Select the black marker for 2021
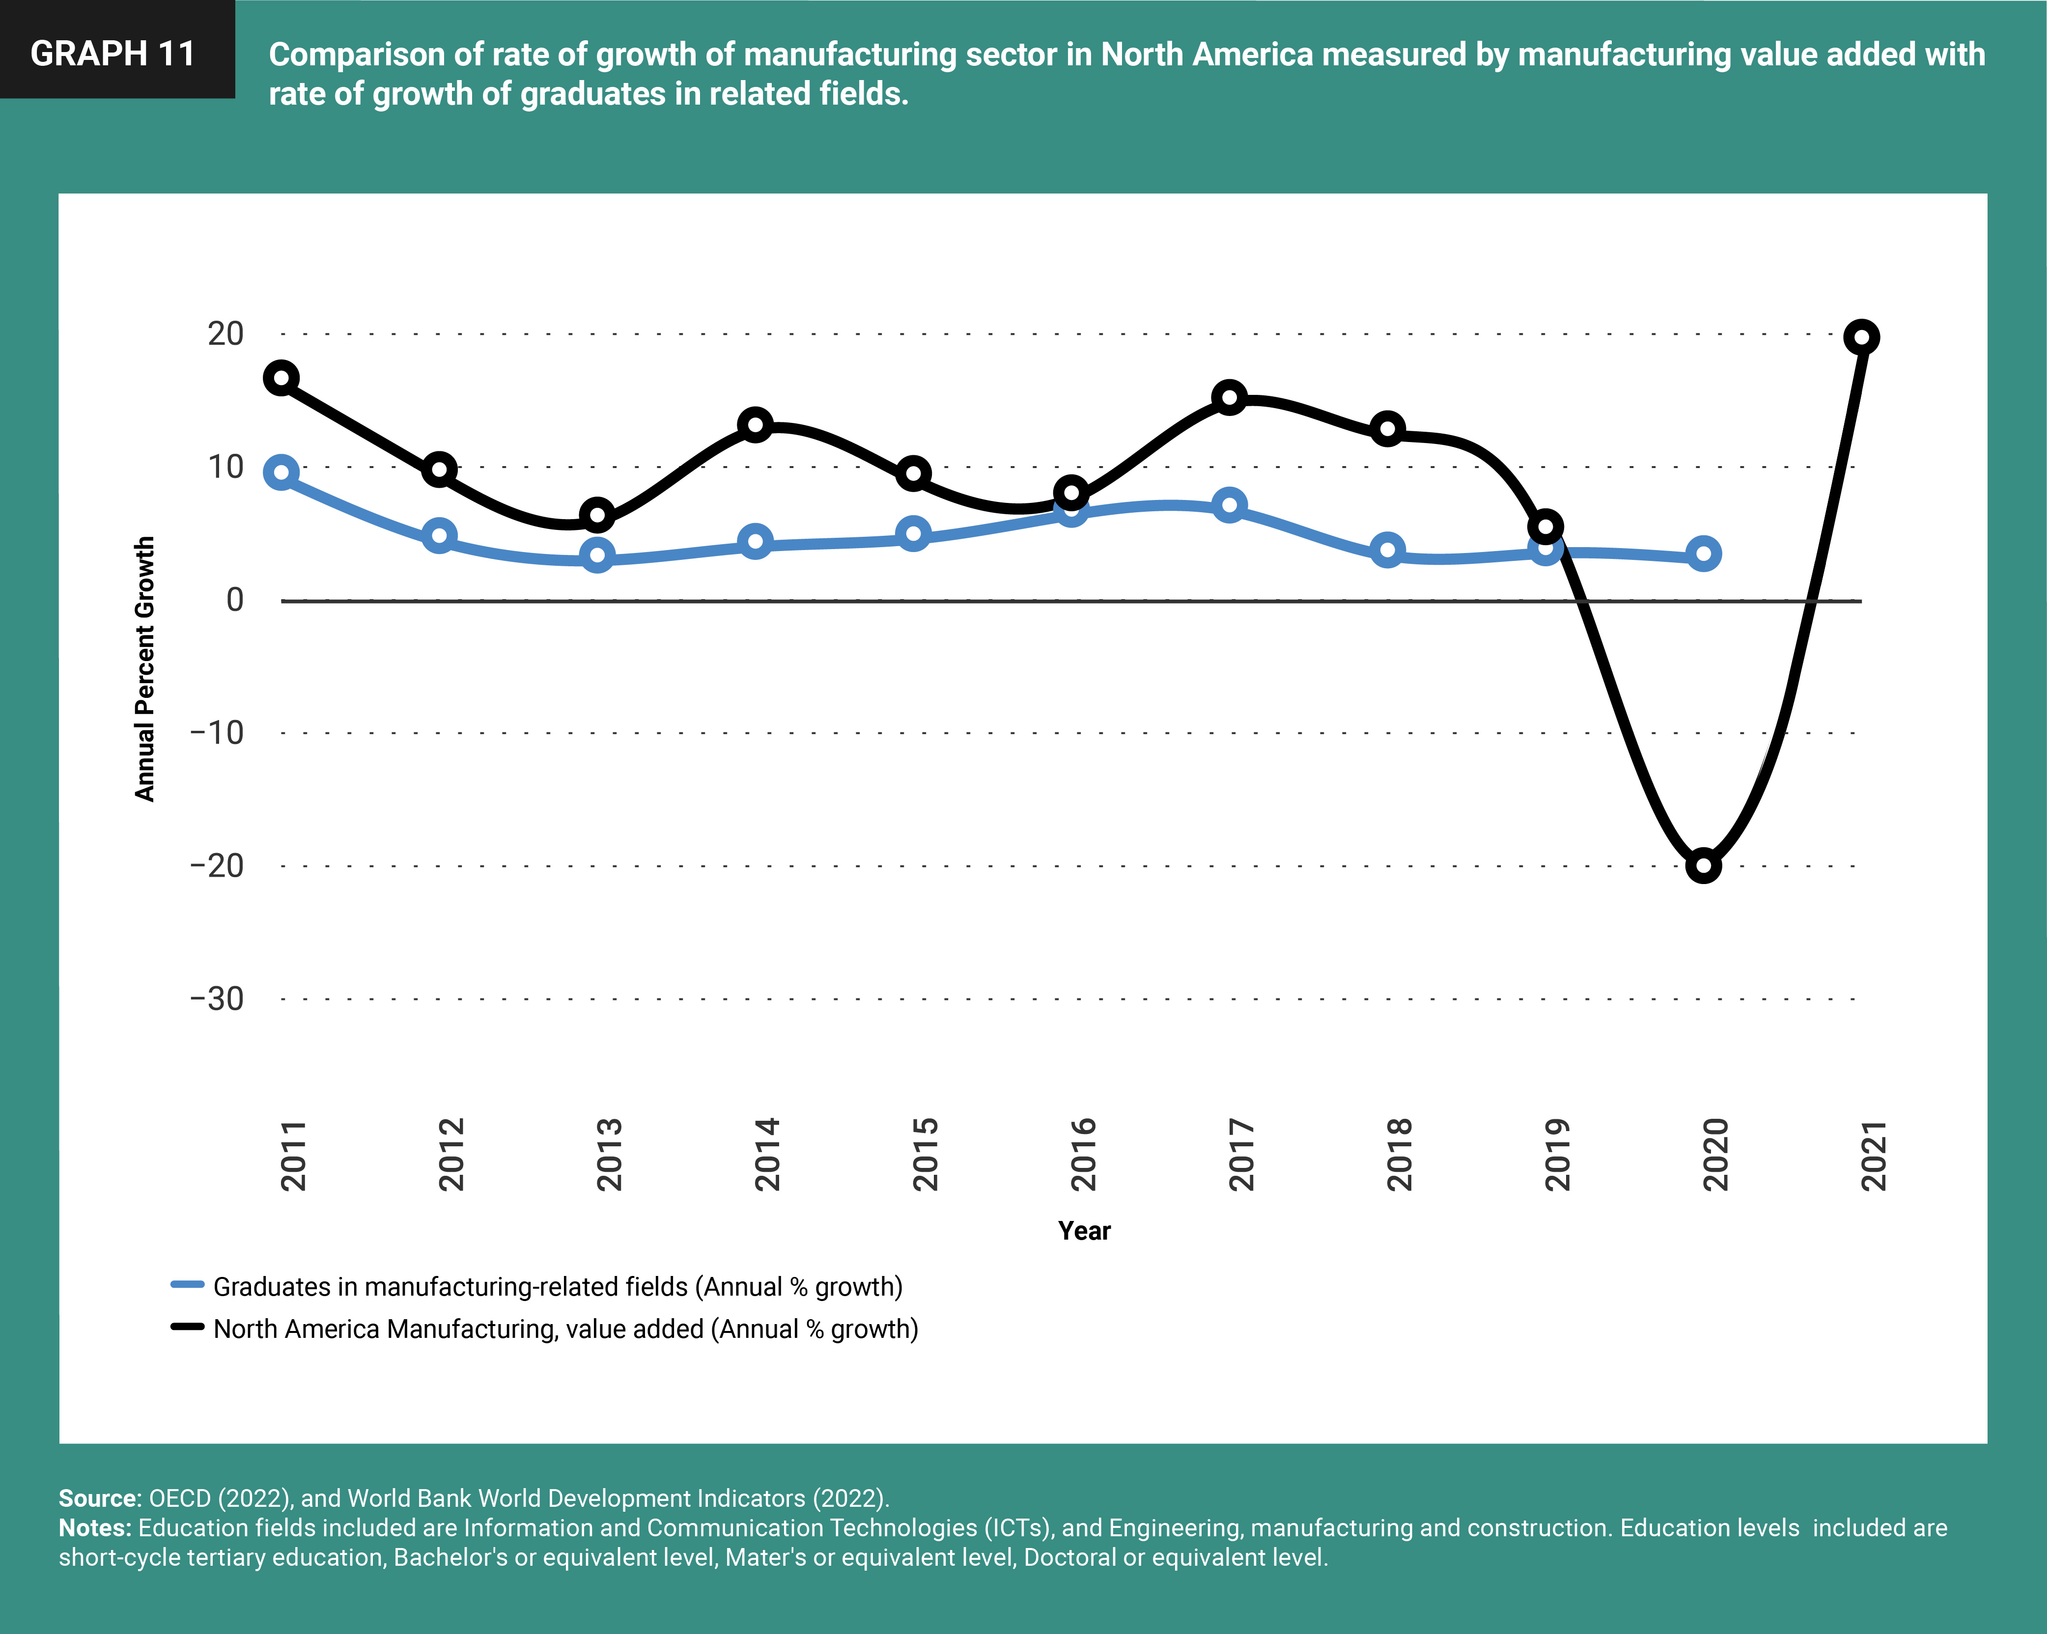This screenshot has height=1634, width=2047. [x=1861, y=337]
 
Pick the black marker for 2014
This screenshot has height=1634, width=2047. [x=755, y=424]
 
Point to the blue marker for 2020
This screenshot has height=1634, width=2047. [x=1703, y=554]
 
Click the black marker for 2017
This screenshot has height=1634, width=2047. [x=1230, y=397]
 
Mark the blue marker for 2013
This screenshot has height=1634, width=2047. [x=597, y=555]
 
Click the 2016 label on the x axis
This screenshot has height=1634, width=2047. [x=1083, y=1155]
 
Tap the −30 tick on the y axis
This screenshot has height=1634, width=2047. [x=218, y=999]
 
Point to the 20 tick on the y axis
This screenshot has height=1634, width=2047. [x=226, y=333]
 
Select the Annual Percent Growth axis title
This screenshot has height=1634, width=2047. [x=144, y=668]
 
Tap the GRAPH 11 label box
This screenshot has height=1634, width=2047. [x=114, y=53]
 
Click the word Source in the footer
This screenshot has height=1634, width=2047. [x=99, y=1498]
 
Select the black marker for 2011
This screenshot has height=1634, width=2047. [x=281, y=378]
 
